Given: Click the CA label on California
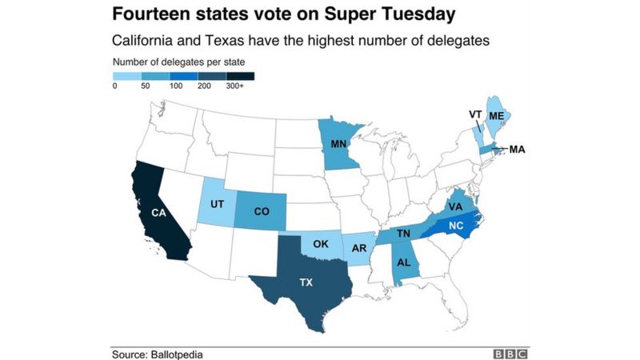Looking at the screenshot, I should [x=158, y=213].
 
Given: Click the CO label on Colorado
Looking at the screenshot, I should [x=261, y=213].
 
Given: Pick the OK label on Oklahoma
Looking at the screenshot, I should [x=321, y=244].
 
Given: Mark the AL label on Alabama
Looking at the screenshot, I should [x=406, y=262].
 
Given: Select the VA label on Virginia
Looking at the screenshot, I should [x=456, y=206].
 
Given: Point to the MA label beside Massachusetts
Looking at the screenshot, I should [x=517, y=150].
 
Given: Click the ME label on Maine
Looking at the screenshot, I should [x=496, y=115].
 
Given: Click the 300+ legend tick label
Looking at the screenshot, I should [x=236, y=85].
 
